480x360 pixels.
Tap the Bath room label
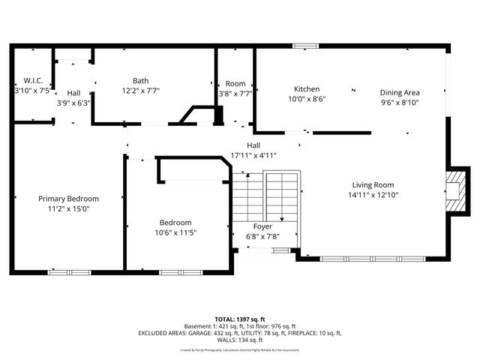click(x=140, y=80)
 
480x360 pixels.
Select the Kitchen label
click(x=307, y=88)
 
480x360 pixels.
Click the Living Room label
click(x=373, y=184)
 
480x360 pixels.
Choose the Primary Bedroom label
click(x=69, y=198)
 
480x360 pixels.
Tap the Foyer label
click(x=262, y=226)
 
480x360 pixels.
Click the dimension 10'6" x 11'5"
click(x=175, y=232)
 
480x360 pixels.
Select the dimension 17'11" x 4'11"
click(x=254, y=155)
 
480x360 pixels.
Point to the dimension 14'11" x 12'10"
click(x=373, y=195)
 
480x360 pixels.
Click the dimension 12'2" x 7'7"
click(x=140, y=90)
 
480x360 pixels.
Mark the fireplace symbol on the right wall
click(x=453, y=191)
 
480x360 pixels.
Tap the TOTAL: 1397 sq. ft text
click(x=239, y=319)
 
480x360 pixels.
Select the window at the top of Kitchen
click(x=304, y=46)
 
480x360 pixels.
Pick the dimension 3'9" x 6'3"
click(x=73, y=103)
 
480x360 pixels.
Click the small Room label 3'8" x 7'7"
click(x=235, y=84)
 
